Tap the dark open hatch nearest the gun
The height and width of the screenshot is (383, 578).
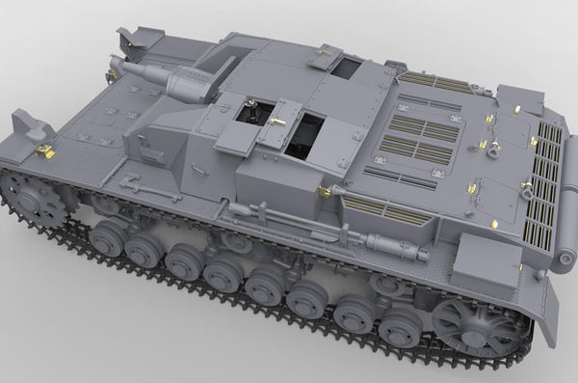[x=249, y=113]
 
